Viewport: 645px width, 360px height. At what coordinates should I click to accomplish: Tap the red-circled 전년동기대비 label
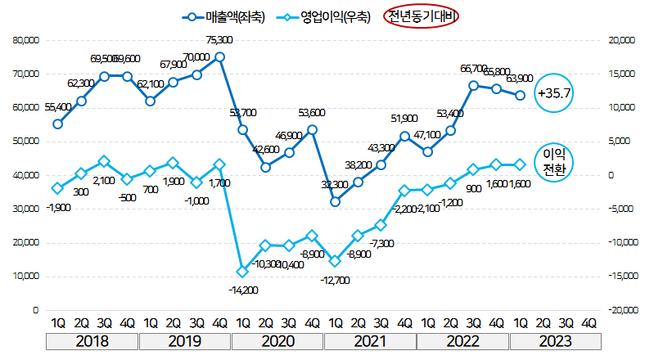pyautogui.click(x=423, y=17)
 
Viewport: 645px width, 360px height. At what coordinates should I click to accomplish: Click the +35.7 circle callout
pyautogui.click(x=554, y=94)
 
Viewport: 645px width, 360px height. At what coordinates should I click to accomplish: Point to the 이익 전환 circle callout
pyautogui.click(x=554, y=161)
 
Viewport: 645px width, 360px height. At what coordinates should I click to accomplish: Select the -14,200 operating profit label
pyautogui.click(x=241, y=289)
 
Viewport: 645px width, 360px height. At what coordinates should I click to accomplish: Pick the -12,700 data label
pyautogui.click(x=335, y=281)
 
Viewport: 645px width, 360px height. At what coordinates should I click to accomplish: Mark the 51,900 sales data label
pyautogui.click(x=404, y=119)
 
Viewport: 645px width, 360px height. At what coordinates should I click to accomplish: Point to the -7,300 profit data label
pyautogui.click(x=381, y=244)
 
